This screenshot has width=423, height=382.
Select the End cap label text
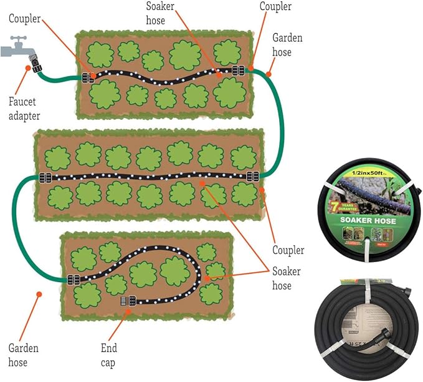coord(108,354)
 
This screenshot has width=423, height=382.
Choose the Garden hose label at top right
coord(287,45)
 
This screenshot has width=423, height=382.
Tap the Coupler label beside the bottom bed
coord(288,250)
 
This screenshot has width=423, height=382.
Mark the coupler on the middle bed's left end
coord(45,177)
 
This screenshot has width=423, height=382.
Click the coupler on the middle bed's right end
coord(253,177)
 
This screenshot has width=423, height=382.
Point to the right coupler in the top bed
coord(237,71)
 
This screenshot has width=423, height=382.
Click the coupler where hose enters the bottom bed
coord(73,280)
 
